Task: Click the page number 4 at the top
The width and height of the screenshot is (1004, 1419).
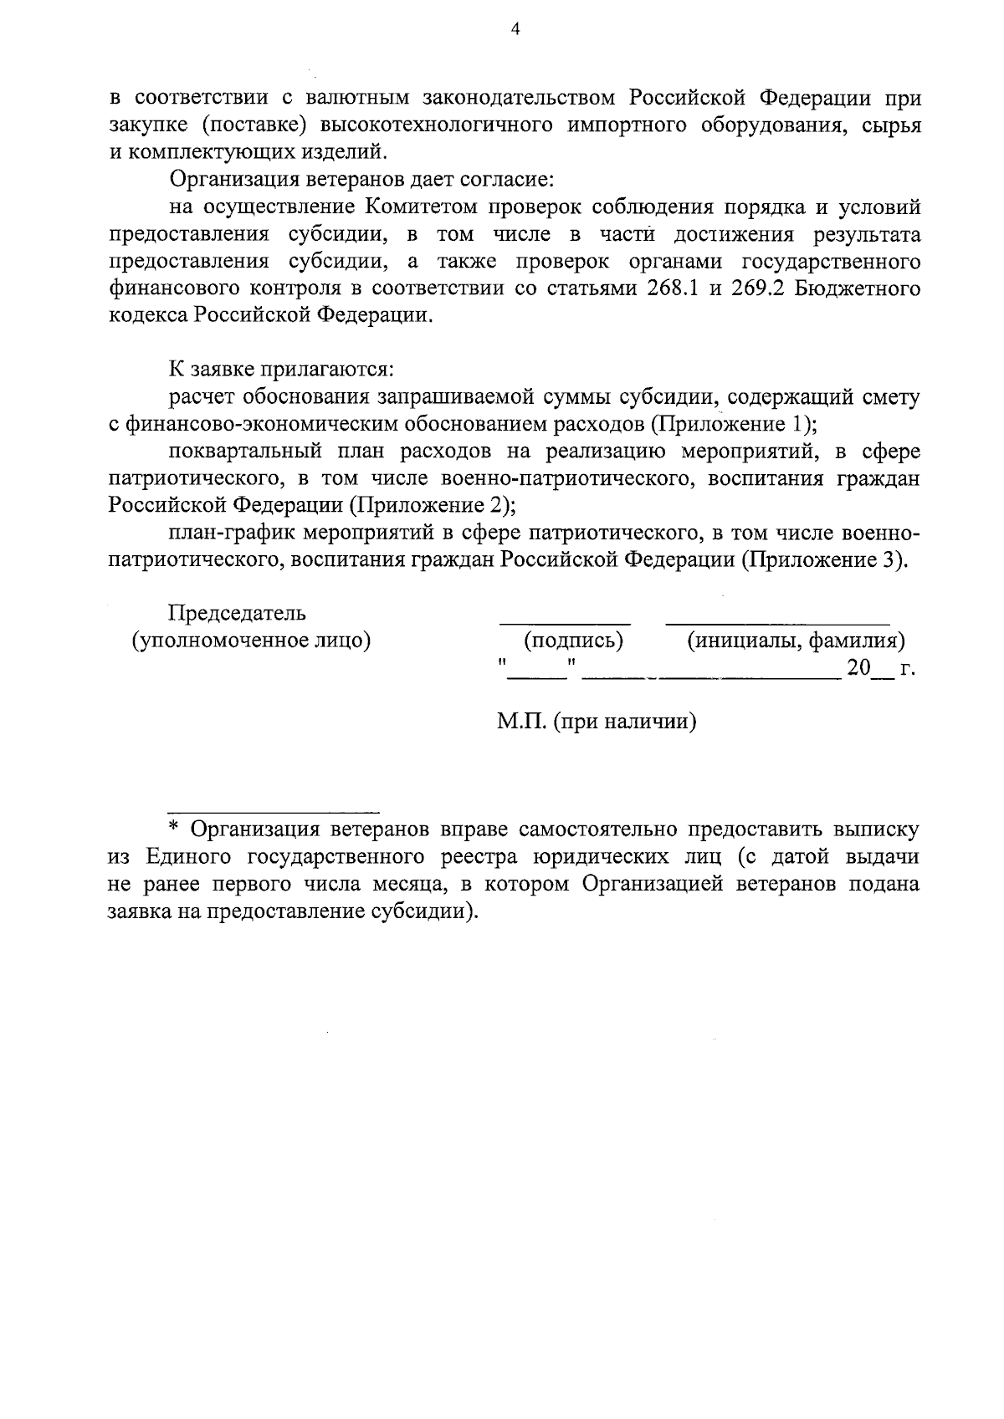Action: [x=515, y=30]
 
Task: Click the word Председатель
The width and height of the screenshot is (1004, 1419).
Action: [x=238, y=613]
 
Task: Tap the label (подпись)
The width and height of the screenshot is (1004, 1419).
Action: [x=574, y=641]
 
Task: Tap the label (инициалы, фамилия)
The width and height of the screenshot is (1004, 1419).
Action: [x=796, y=641]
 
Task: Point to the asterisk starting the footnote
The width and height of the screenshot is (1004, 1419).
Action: [x=175, y=829]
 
